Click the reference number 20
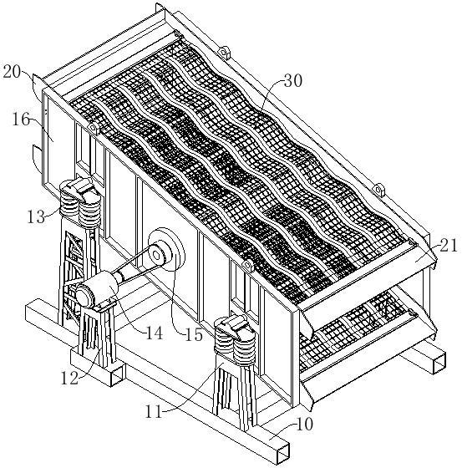[12, 72]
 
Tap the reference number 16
[21, 120]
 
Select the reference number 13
[36, 217]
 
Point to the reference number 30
[293, 80]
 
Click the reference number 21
[448, 247]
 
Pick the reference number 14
[155, 333]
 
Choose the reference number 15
[194, 335]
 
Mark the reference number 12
[69, 379]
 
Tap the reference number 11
[154, 412]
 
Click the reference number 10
[304, 425]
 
